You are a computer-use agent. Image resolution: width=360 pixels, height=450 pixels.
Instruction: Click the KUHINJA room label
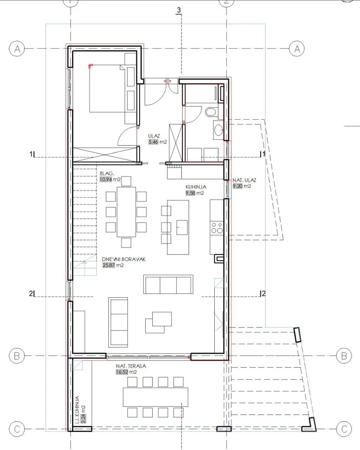[x=196, y=187]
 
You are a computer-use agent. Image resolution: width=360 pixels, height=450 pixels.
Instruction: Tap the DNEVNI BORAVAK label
[x=124, y=259]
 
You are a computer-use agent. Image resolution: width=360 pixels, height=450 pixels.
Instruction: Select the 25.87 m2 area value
[x=113, y=265]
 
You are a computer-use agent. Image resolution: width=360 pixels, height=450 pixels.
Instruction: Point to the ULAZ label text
[x=154, y=136]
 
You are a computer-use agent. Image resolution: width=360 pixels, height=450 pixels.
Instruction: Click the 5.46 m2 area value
[x=157, y=142]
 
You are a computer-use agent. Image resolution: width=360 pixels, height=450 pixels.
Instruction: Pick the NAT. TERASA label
[x=131, y=366]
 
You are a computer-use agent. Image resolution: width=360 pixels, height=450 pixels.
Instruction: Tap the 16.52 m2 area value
[x=126, y=372]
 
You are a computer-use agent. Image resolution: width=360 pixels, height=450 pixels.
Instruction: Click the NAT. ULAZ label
[x=244, y=180]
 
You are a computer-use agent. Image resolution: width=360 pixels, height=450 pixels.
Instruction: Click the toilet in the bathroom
[x=212, y=112]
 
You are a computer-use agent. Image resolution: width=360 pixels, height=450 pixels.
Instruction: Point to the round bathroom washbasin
[x=219, y=130]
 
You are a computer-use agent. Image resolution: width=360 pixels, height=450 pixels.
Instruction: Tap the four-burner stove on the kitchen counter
[x=217, y=227]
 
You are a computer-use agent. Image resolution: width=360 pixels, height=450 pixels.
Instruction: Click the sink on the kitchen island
[x=182, y=227]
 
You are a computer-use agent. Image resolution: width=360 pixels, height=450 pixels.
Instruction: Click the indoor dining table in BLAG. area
[x=126, y=212]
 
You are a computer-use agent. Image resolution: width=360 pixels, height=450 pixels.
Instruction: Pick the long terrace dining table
[x=156, y=397]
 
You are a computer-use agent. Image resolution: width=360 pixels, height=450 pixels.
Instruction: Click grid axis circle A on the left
[x=17, y=49]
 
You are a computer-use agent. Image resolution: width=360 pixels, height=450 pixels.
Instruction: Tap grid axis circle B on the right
[x=344, y=356]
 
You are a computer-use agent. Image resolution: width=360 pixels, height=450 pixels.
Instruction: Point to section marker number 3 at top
[x=179, y=10]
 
